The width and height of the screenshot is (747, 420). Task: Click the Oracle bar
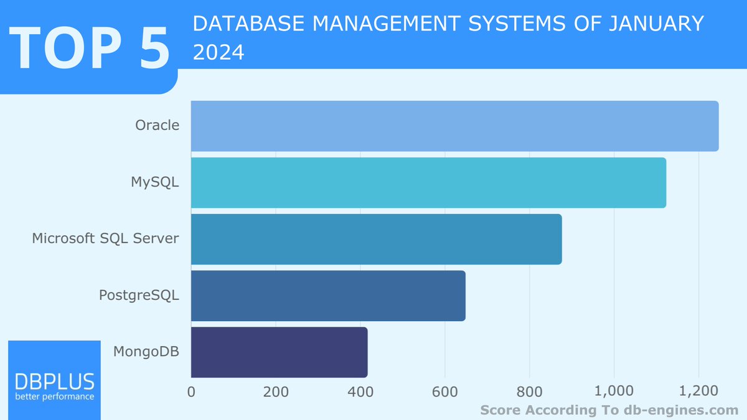[x=454, y=126]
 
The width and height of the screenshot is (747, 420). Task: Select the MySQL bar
[x=428, y=182]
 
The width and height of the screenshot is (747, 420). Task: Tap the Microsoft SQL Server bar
[x=376, y=239]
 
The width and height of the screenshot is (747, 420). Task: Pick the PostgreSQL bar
[x=328, y=296]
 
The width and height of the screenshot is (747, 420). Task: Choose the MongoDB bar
[x=279, y=352]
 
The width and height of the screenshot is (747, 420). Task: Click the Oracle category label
[x=157, y=125]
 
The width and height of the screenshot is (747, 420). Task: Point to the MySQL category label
[x=155, y=182]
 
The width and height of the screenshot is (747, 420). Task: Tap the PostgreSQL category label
[x=139, y=295]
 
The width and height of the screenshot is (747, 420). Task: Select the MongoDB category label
[x=146, y=352]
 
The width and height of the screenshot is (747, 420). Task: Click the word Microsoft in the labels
[x=63, y=238]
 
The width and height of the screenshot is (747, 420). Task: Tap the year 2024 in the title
[x=218, y=53]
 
